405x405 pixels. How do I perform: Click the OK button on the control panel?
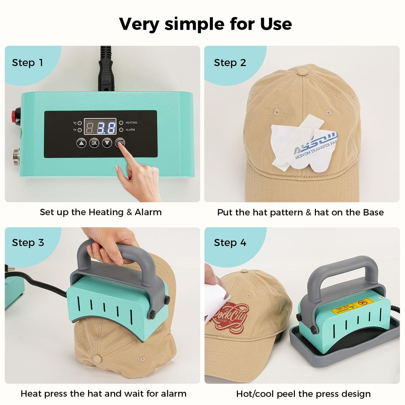(94, 143)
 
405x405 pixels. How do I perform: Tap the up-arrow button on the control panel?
(81, 143)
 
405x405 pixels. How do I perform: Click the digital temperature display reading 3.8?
(100, 127)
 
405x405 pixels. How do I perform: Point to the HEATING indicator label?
(131, 123)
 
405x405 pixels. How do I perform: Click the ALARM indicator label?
(130, 130)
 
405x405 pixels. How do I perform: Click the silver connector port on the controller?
(16, 155)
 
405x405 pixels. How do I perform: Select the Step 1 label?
(27, 63)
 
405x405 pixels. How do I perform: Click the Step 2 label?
(230, 63)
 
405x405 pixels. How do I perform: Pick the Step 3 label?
(28, 243)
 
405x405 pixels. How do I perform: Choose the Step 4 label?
(230, 243)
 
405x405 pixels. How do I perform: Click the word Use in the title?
(276, 24)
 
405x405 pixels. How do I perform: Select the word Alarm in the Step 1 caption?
(148, 212)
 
